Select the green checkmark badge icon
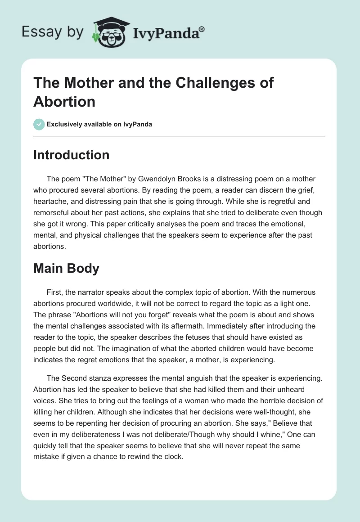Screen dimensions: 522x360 [39, 124]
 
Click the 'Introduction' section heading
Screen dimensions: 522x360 [71, 155]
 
